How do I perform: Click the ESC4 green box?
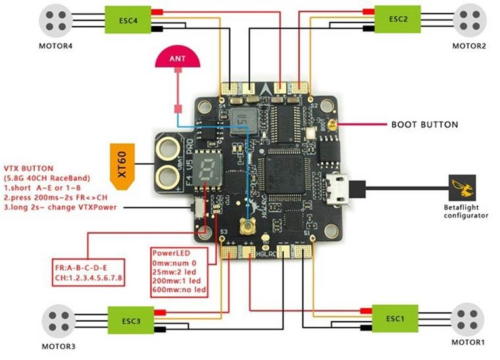(x=129, y=19)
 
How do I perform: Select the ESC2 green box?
(x=397, y=19)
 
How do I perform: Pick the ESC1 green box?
(x=395, y=319)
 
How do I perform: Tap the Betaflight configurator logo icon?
(x=466, y=189)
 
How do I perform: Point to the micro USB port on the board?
(x=341, y=188)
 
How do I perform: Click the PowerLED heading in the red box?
(x=171, y=252)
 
